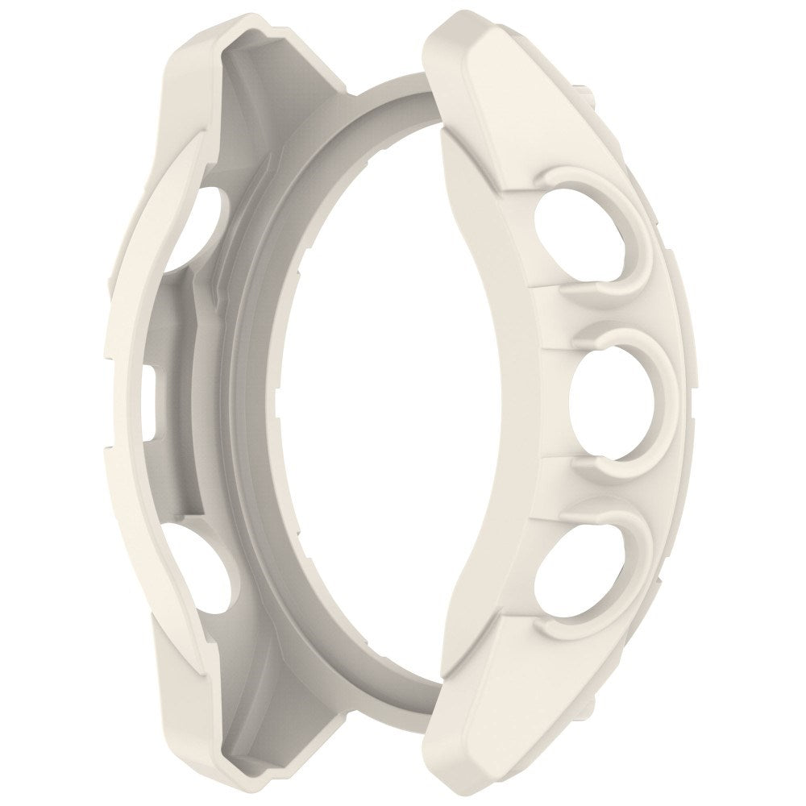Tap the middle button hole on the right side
pyautogui.click(x=610, y=403)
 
